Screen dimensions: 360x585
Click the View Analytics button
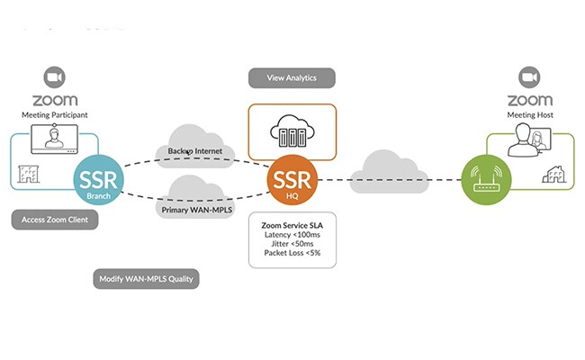click(292, 77)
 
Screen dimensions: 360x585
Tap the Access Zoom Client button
click(54, 220)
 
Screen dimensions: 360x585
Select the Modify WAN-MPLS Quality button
click(145, 279)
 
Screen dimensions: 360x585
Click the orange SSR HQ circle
click(292, 176)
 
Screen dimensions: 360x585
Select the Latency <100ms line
click(292, 233)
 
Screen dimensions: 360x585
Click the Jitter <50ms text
click(292, 244)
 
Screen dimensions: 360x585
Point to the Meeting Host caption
click(529, 115)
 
